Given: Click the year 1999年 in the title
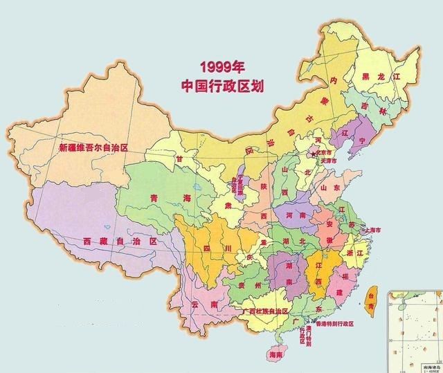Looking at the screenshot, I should pyautogui.click(x=224, y=67).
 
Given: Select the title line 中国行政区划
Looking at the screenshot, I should pyautogui.click(x=224, y=86).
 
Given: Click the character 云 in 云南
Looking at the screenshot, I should pyautogui.click(x=195, y=304).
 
